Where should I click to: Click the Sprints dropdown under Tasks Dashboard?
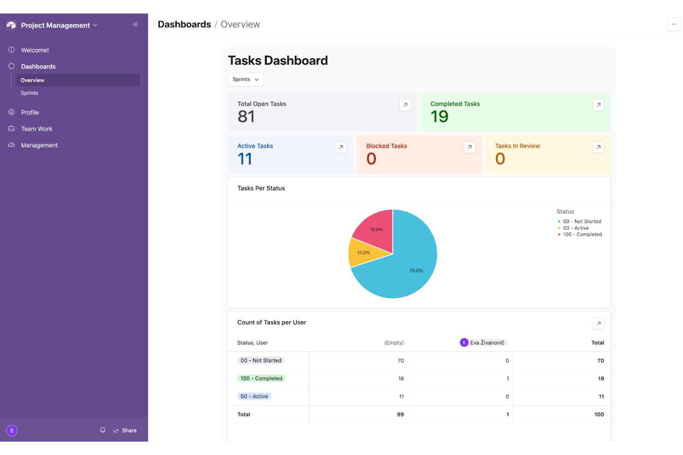[x=245, y=80]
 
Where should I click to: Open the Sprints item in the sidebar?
[x=30, y=93]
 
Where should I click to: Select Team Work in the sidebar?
[x=36, y=129]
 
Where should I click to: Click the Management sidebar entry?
[x=39, y=145]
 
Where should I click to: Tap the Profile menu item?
[x=30, y=112]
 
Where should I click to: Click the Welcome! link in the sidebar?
[x=35, y=50]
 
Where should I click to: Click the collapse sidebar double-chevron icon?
[x=136, y=24]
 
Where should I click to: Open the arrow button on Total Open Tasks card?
[x=405, y=105]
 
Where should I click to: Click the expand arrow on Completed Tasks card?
[x=598, y=105]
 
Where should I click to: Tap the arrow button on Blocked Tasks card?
[x=469, y=147]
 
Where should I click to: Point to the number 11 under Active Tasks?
[x=245, y=159]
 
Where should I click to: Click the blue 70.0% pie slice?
[x=406, y=272]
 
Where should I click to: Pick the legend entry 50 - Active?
[x=575, y=228]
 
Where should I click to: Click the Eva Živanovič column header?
[x=484, y=343]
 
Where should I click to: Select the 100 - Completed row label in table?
[x=261, y=378]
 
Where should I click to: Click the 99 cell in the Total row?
[x=400, y=414]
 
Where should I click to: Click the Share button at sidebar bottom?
[x=125, y=431]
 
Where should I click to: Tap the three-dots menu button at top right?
[x=674, y=24]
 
